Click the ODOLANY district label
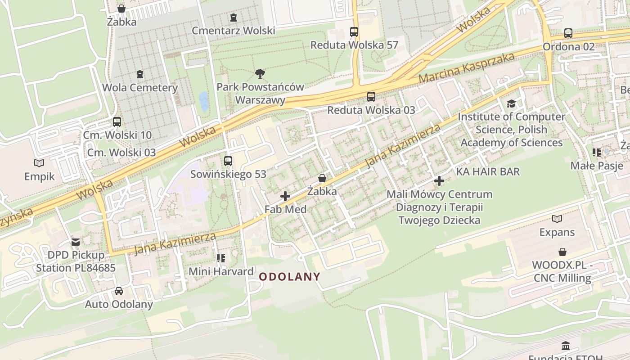pos(290,277)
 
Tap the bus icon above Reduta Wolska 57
pos(354,32)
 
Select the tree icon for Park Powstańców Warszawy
pos(260,74)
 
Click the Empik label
pos(40,176)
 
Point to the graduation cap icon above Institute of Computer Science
pos(511,104)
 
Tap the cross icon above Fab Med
pos(285,196)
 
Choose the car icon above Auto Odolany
pos(119,291)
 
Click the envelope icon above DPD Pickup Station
pos(76,242)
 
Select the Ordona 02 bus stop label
pos(568,46)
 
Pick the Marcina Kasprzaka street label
pos(466,68)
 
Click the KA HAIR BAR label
pos(488,171)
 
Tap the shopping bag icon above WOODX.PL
pos(562,252)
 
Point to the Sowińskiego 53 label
pos(228,174)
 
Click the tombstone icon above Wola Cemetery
pos(140,74)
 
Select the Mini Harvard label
pos(221,271)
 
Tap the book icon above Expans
pos(557,219)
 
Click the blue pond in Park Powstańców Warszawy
pos(204,101)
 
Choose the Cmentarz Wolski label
pos(233,31)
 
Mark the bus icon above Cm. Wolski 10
pos(117,122)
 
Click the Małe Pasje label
pos(597,166)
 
